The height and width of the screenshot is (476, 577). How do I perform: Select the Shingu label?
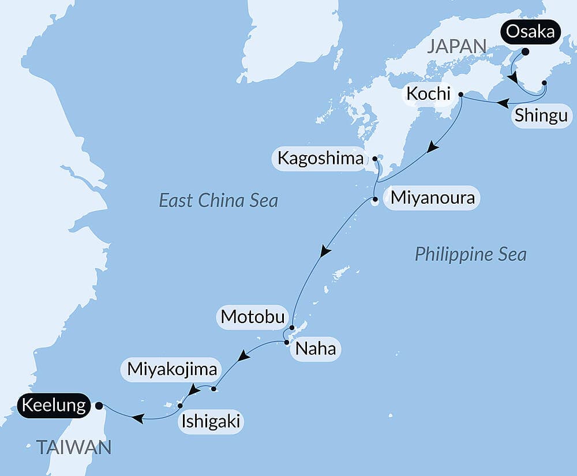coord(541,115)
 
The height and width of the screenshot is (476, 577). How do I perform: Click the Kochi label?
coord(428,93)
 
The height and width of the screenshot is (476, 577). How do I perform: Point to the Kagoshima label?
coord(320,158)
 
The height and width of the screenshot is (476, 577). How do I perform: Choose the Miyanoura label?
coord(432,198)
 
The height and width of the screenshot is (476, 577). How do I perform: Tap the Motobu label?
coord(253,317)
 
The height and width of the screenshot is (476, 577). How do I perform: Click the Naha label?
coord(315,349)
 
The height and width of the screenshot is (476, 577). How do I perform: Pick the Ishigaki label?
coord(210,422)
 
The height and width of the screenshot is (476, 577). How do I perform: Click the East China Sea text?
coord(218,201)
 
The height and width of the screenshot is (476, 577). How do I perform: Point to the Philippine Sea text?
coord(470,254)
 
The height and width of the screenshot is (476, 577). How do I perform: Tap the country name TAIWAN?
coord(73,446)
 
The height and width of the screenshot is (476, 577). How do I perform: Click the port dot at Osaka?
coord(525,51)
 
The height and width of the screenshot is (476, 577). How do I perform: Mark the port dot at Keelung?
coord(99,406)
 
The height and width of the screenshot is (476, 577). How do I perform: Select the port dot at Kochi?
coord(460,94)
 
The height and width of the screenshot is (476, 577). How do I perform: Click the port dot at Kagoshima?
coord(374,158)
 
